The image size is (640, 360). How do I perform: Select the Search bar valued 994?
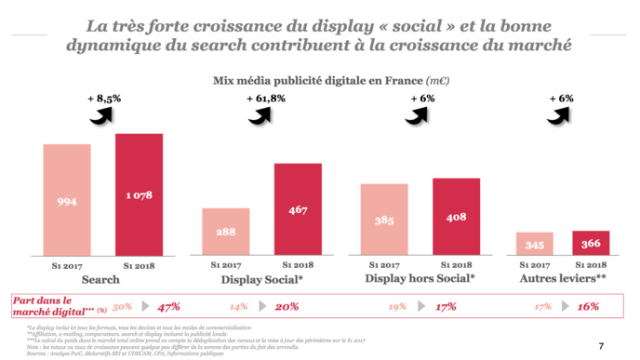point(66,199)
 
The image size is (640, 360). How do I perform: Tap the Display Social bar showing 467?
point(298,208)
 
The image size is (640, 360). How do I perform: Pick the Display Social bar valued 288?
point(226,231)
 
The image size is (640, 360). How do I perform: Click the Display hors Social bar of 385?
point(385,219)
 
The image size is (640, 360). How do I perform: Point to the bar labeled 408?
point(457,216)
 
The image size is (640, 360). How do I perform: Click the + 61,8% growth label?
point(266,99)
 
